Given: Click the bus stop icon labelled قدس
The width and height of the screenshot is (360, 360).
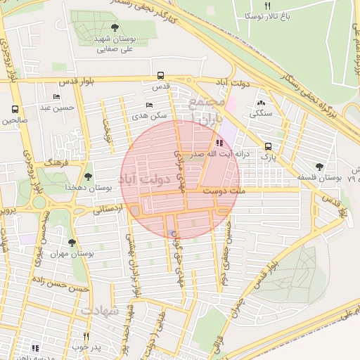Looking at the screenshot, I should click(161, 75).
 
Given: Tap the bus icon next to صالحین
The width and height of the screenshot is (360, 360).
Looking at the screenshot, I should click(14, 110).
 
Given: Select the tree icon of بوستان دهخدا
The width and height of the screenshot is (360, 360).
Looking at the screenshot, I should click(88, 176).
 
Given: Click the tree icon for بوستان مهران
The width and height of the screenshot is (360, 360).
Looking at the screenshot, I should click(72, 242).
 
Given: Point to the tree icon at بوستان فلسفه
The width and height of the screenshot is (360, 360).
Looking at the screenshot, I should click(319, 167).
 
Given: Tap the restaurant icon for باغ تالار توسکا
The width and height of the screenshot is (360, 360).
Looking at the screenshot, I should click(266, 5).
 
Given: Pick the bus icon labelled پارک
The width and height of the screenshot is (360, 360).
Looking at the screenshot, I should click(267, 146).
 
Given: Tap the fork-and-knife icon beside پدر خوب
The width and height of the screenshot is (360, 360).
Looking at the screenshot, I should click(86, 336).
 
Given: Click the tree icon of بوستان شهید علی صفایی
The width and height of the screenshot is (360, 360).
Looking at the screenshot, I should click(115, 28).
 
